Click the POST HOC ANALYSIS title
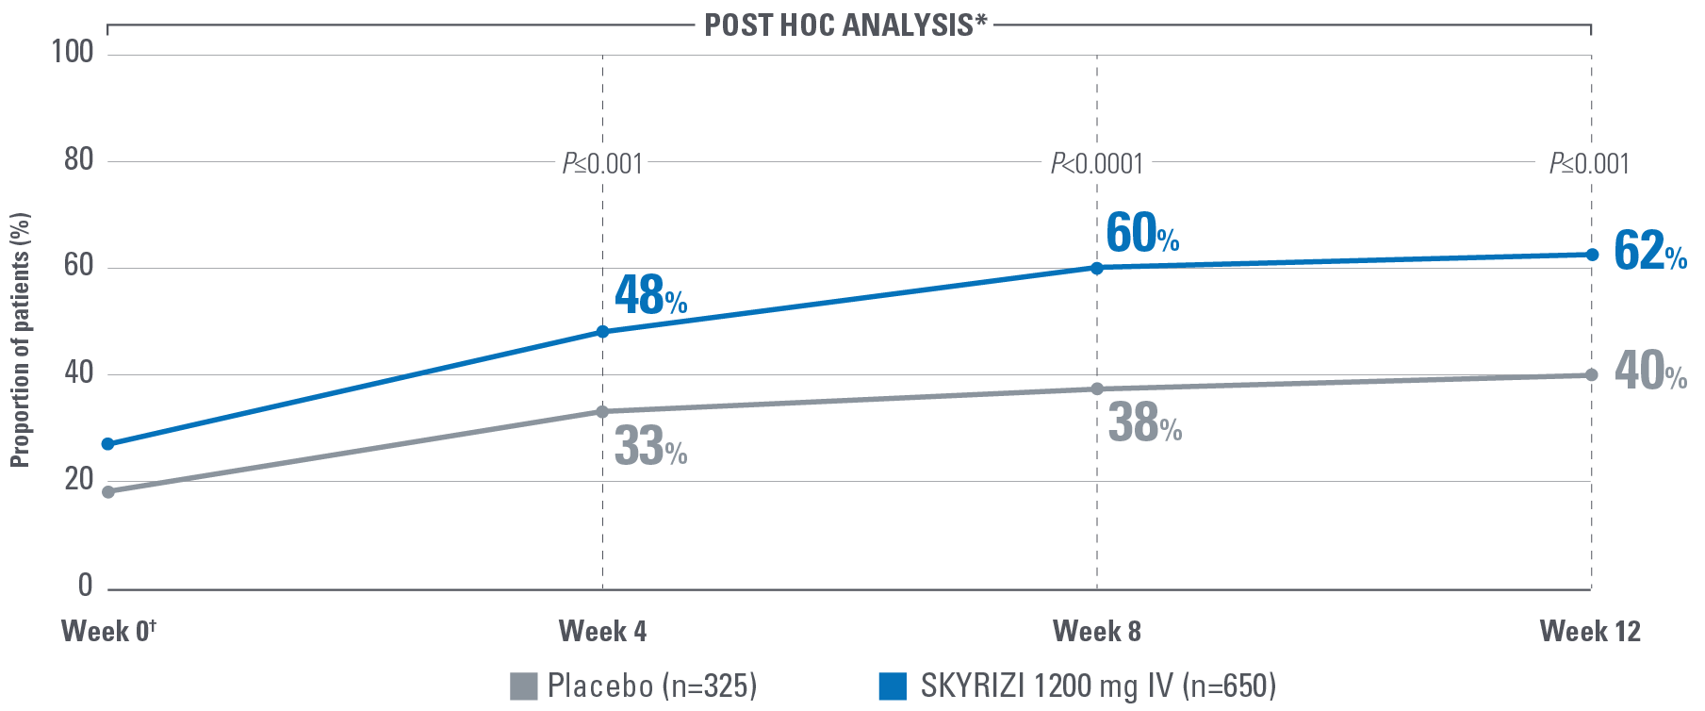pyautogui.click(x=845, y=25)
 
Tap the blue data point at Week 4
pyautogui.click(x=602, y=332)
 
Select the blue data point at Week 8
pyautogui.click(x=1096, y=268)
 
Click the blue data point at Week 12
pyautogui.click(x=1592, y=255)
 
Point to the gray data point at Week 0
pyautogui.click(x=108, y=492)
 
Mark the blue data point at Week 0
pyautogui.click(x=108, y=444)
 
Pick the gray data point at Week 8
pyautogui.click(x=1096, y=389)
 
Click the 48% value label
pyautogui.click(x=650, y=295)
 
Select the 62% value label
pyautogui.click(x=1649, y=252)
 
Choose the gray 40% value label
pyautogui.click(x=1649, y=371)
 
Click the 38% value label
pyautogui.click(x=1144, y=423)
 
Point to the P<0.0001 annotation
pyautogui.click(x=1096, y=164)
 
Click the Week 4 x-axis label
pyautogui.click(x=602, y=631)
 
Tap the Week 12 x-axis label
pyautogui.click(x=1590, y=631)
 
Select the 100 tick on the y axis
pyautogui.click(x=73, y=51)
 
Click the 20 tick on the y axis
pyautogui.click(x=79, y=479)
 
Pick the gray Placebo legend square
pyautogui.click(x=523, y=686)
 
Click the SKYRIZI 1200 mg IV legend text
pyautogui.click(x=1097, y=686)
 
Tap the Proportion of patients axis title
pyautogui.click(x=20, y=339)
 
